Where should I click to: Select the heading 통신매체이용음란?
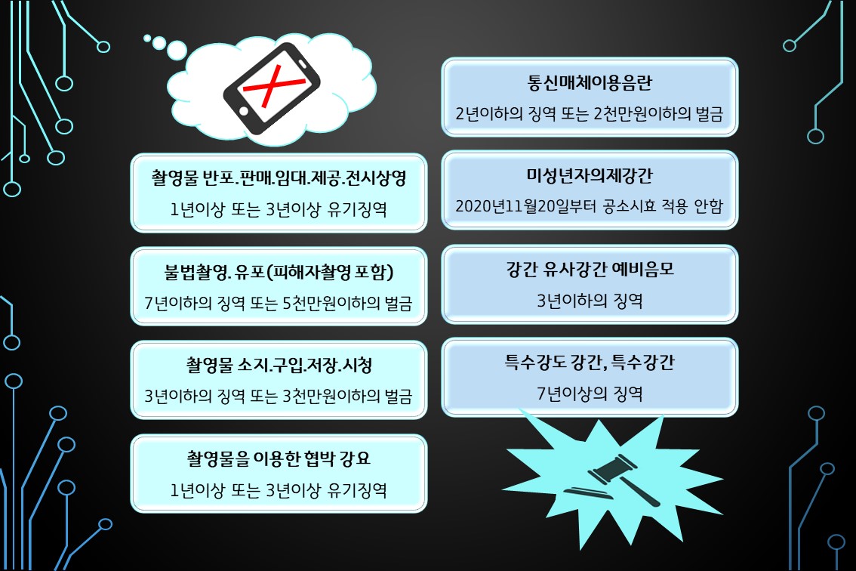590,82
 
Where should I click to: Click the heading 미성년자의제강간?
590,175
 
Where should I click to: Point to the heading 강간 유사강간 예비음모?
590,269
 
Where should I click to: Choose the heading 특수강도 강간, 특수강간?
590,363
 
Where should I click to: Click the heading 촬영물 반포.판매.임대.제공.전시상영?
279,178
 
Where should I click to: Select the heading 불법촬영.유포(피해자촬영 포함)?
279,272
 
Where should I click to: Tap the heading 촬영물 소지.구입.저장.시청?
279,366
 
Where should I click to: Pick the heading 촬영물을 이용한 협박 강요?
279,458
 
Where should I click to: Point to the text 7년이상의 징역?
590,393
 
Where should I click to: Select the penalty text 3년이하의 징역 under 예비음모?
590,300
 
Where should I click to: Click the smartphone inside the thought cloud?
271,89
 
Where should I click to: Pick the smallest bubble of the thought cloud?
148,37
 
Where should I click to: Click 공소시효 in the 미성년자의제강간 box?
619,205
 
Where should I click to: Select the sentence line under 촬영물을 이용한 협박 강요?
279,489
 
